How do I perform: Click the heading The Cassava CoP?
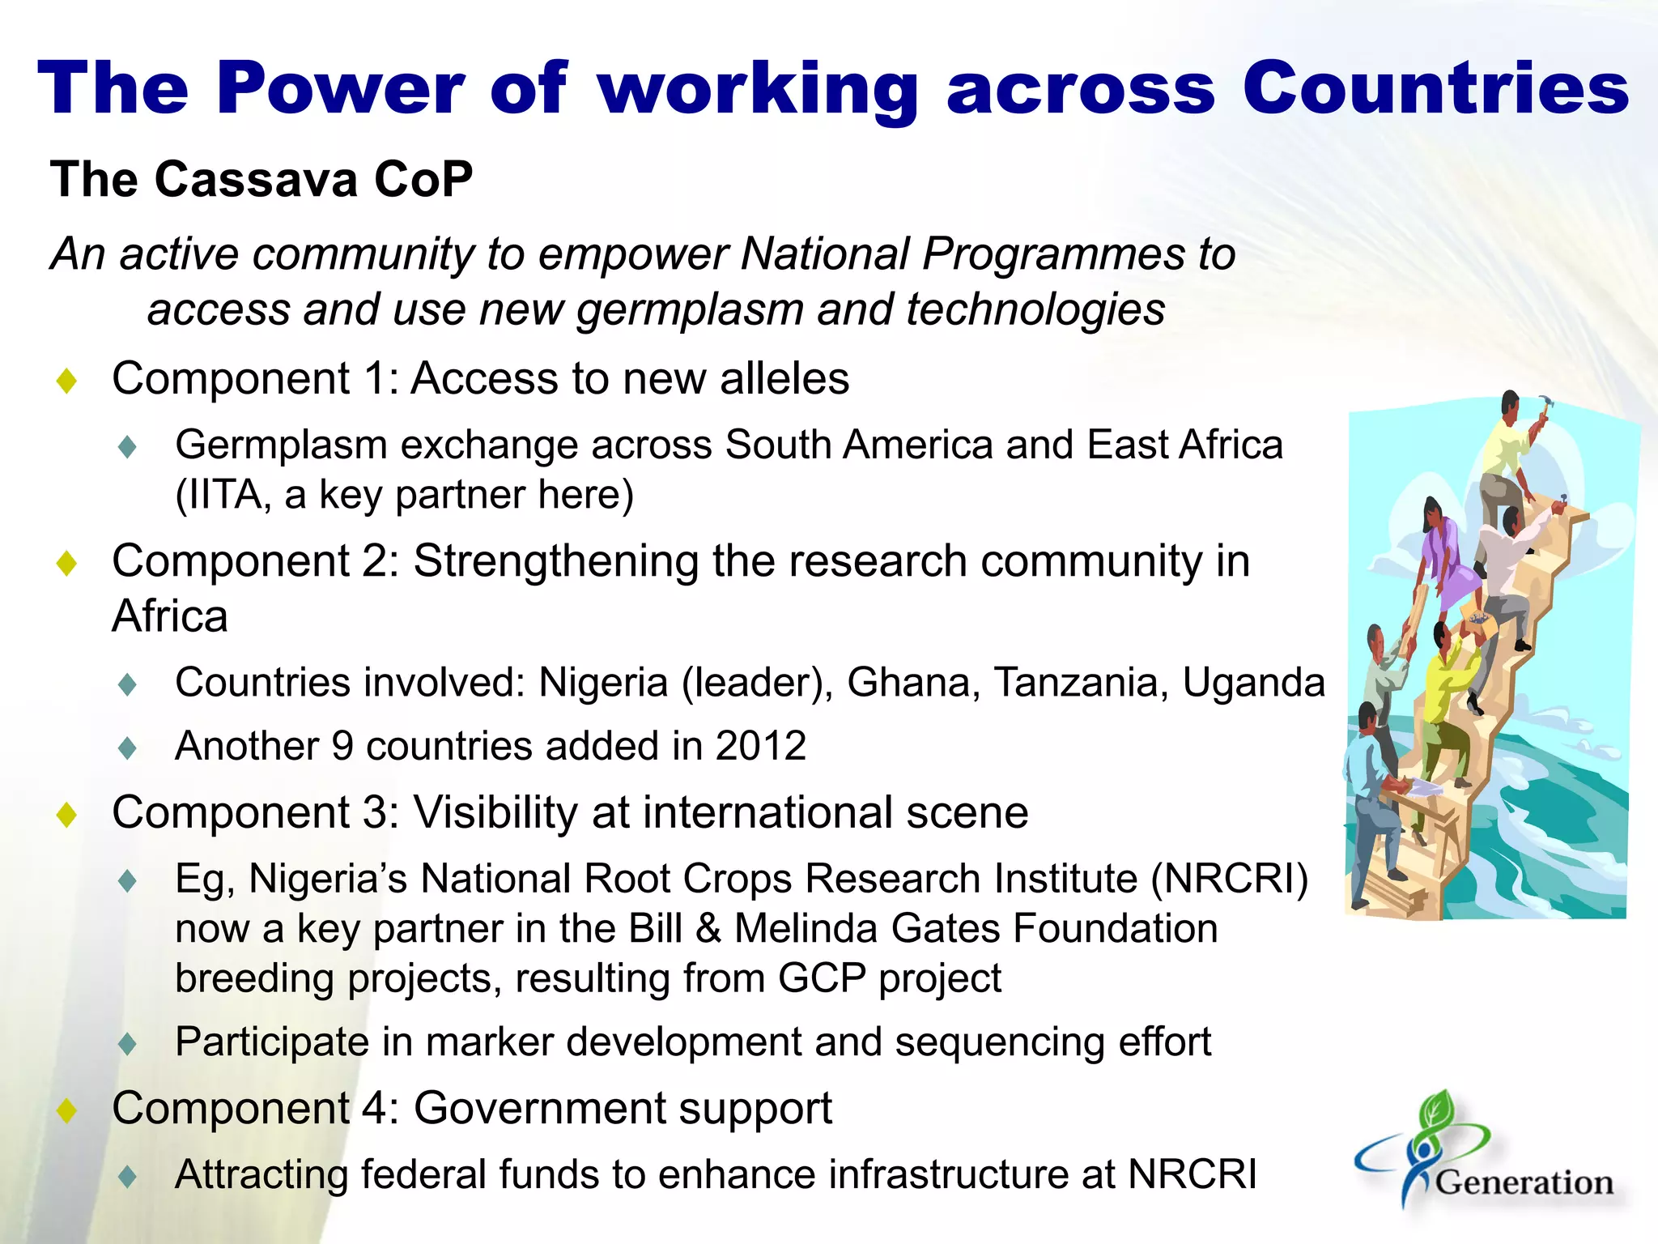pyautogui.click(x=261, y=179)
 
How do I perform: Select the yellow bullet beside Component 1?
pyautogui.click(x=66, y=381)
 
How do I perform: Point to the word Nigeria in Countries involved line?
pyautogui.click(x=603, y=683)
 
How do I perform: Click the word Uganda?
pyautogui.click(x=1253, y=683)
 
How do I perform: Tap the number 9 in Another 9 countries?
pyautogui.click(x=343, y=746)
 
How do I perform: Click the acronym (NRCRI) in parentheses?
pyautogui.click(x=1230, y=879)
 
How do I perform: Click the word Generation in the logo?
pyautogui.click(x=1524, y=1183)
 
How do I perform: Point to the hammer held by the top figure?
pyautogui.click(x=1545, y=403)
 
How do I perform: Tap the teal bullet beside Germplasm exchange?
pyautogui.click(x=127, y=446)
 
